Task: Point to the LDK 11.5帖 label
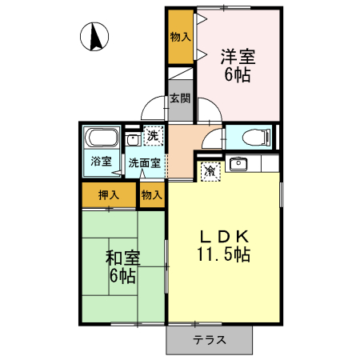click(x=225, y=246)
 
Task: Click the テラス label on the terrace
click(x=209, y=340)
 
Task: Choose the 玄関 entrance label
click(x=180, y=99)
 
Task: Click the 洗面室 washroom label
click(x=145, y=163)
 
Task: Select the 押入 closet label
click(x=108, y=194)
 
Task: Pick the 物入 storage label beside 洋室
click(x=180, y=37)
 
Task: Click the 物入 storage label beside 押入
click(x=152, y=194)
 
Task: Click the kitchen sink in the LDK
click(x=238, y=166)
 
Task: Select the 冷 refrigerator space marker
click(x=210, y=171)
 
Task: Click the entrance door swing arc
click(x=154, y=112)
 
